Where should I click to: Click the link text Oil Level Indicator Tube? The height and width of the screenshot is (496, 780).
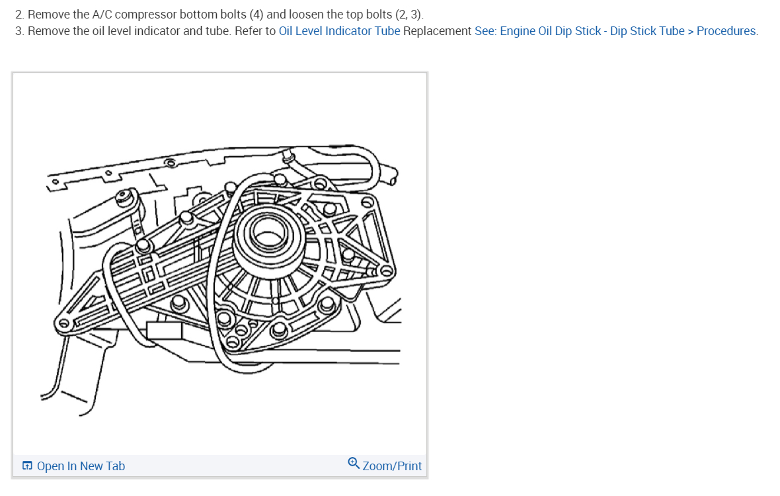[x=339, y=31]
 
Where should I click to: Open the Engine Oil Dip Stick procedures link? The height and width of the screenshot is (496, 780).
[x=616, y=31]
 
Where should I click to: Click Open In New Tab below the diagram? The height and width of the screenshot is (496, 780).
[x=81, y=466]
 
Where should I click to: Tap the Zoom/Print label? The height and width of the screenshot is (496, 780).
[x=392, y=466]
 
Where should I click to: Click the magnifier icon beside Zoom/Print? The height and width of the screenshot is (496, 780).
[x=354, y=465]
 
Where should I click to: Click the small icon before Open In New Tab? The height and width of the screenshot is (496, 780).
[x=27, y=466]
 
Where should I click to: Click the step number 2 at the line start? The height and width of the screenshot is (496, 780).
[x=19, y=15]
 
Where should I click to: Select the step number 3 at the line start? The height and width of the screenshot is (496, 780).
[x=19, y=31]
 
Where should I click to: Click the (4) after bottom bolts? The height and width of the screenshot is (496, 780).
[x=256, y=15]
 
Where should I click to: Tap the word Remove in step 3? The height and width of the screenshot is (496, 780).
[x=49, y=31]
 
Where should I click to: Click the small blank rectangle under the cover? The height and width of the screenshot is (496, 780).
[x=164, y=330]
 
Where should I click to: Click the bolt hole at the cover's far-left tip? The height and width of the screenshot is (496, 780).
[x=64, y=323]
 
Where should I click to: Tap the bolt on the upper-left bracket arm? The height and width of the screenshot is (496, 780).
[x=122, y=197]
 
